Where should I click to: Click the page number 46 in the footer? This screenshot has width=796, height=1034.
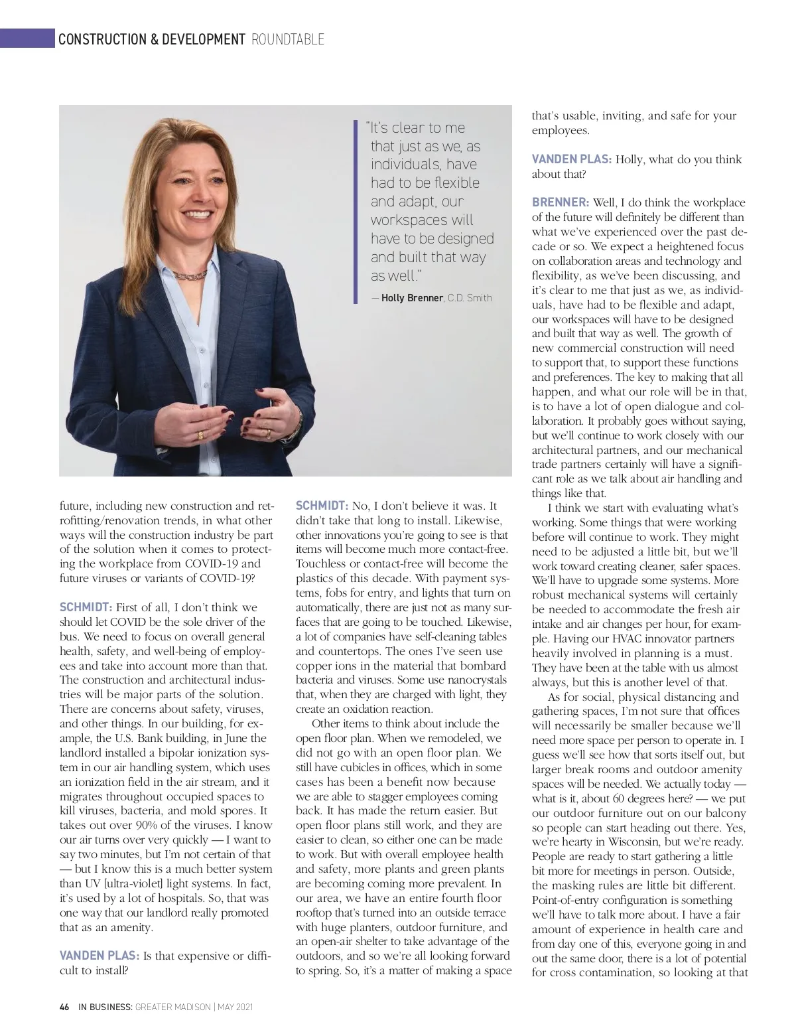pyautogui.click(x=64, y=1007)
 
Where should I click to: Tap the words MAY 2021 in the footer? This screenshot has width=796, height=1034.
pyautogui.click(x=235, y=1007)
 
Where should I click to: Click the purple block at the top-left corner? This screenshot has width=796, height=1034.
pyautogui.click(x=27, y=38)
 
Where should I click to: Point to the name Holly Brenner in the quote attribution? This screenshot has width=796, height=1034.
pyautogui.click(x=411, y=298)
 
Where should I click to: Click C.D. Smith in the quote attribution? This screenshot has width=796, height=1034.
pyautogui.click(x=470, y=298)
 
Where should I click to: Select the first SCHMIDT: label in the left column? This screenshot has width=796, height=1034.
pyautogui.click(x=86, y=607)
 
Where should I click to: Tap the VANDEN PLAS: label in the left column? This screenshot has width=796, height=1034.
pyautogui.click(x=99, y=956)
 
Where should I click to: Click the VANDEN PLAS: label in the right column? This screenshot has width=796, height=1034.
pyautogui.click(x=571, y=159)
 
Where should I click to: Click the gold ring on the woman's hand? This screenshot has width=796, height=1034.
pyautogui.click(x=200, y=435)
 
